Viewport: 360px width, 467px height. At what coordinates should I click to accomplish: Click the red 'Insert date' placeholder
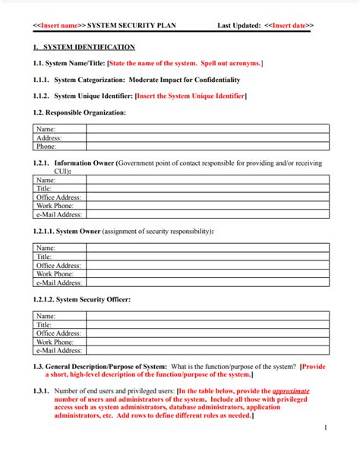289,25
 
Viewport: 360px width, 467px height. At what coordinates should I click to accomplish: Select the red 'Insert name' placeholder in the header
58,25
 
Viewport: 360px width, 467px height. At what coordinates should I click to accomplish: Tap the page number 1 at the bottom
325,428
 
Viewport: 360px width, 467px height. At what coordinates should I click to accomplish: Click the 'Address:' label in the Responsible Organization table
49,138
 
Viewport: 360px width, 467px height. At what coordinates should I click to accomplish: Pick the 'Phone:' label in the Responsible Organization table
46,147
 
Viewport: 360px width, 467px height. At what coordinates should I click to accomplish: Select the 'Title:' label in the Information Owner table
45,188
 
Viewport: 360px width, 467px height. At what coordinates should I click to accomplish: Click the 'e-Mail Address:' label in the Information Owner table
59,215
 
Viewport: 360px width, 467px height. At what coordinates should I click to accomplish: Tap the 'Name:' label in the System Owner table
46,248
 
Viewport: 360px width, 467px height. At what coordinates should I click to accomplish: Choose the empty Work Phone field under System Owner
207,274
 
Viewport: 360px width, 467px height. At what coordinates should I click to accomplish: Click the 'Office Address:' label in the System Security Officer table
58,333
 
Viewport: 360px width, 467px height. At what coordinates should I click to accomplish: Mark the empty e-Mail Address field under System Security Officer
207,351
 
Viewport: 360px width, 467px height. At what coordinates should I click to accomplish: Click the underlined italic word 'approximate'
291,391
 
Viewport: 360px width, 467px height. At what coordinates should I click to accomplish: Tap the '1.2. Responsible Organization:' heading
80,112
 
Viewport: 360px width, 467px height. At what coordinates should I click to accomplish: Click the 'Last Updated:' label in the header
238,25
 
